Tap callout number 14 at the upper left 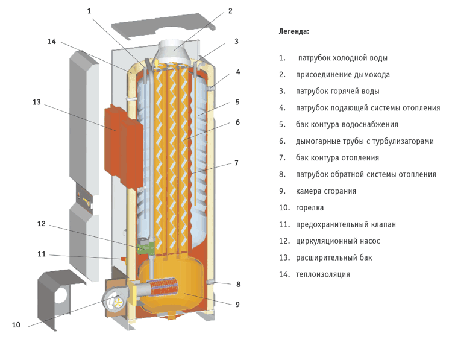(52, 42)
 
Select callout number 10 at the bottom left (16, 325)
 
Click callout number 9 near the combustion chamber (237, 304)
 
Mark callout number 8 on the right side (238, 283)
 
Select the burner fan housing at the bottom (115, 295)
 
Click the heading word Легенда (294, 30)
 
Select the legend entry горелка (310, 207)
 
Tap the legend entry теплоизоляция (322, 274)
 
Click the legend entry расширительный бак (334, 257)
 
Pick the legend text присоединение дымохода (342, 75)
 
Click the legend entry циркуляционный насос (337, 241)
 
